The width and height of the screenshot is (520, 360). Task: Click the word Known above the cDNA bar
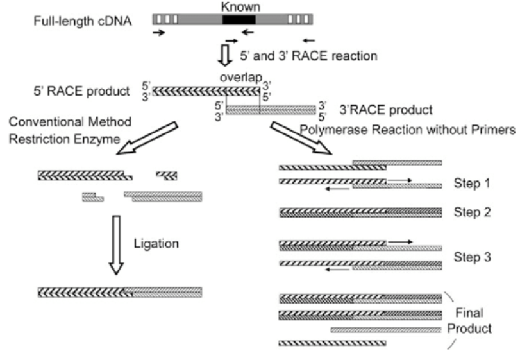point(240,6)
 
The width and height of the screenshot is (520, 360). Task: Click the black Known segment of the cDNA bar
point(239,20)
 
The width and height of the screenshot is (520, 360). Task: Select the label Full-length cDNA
point(83,21)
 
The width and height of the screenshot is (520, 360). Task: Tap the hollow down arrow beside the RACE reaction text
point(225,55)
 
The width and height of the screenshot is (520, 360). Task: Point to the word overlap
point(241,78)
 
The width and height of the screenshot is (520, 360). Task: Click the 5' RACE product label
point(81,91)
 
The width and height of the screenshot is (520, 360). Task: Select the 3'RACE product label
point(386,110)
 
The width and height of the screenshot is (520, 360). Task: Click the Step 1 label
point(471,183)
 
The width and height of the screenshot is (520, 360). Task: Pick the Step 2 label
point(472,212)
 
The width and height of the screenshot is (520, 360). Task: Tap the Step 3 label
point(473,257)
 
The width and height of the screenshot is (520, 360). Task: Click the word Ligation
point(156,244)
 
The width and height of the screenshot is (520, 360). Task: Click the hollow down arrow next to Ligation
point(117,245)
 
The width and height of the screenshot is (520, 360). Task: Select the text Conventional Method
point(70,122)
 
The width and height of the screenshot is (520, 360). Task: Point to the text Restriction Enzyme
point(64,139)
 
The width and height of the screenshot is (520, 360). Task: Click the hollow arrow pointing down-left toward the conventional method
point(147,138)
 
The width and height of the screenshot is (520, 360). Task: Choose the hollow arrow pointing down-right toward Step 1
point(301,138)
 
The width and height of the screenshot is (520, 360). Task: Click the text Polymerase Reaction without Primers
point(408,130)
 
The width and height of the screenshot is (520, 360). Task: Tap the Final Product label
point(469,321)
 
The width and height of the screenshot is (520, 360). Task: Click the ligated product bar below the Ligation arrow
point(120,293)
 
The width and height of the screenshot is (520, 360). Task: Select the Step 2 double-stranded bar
point(360,212)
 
